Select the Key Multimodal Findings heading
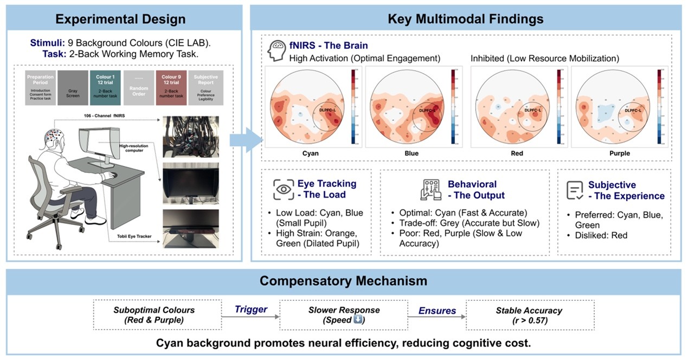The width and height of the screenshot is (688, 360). point(466,19)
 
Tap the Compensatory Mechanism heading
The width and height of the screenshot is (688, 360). point(343,281)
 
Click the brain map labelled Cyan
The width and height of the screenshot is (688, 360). point(310,107)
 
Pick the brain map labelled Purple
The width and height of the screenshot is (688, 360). point(619,107)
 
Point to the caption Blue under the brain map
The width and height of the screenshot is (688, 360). point(411,153)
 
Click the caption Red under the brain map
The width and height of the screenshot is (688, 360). point(517,153)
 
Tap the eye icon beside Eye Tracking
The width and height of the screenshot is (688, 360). point(284,189)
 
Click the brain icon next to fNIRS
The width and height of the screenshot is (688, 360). point(278,50)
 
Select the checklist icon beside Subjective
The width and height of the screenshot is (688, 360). point(575,190)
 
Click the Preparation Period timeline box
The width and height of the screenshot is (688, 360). point(40,87)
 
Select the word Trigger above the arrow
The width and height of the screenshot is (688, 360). point(251,309)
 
